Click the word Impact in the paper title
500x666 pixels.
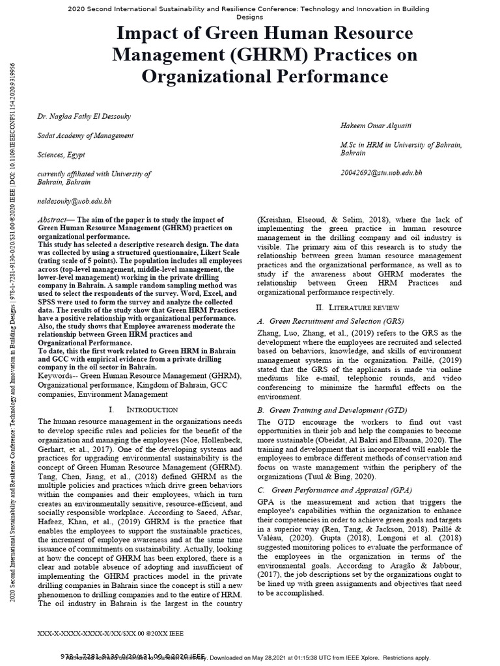point(148,33)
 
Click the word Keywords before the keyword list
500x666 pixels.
point(57,375)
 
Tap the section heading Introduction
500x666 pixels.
point(152,409)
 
